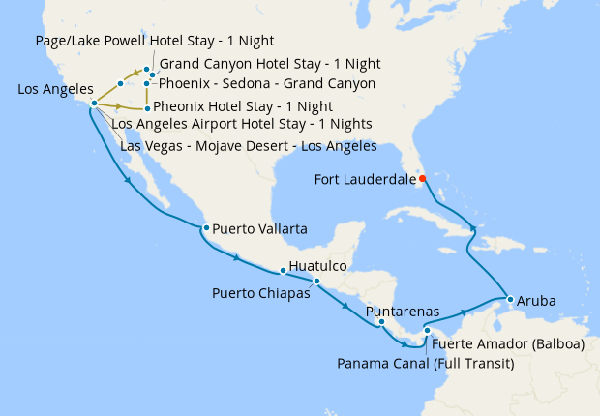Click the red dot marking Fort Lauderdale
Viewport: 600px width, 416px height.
coord(423,178)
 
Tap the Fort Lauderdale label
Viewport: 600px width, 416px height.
coord(365,179)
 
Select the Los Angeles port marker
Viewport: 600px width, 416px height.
coord(94,103)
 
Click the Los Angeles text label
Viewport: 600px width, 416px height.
coord(54,89)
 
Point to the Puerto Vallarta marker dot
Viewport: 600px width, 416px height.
coord(206,228)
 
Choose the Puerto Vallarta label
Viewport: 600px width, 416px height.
coord(259,229)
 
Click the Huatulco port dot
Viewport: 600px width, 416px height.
coord(283,271)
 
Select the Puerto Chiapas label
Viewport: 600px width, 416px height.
coord(260,292)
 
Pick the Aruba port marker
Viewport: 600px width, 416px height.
coord(509,299)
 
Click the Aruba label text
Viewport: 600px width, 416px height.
coord(537,301)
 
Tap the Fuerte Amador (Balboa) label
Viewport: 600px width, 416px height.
coord(507,342)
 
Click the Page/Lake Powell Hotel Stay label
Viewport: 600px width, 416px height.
coord(153,41)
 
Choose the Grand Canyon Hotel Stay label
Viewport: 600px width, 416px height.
coord(269,64)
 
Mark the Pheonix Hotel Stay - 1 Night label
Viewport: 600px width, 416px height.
coord(243,106)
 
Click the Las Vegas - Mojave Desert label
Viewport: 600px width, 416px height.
coord(248,146)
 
